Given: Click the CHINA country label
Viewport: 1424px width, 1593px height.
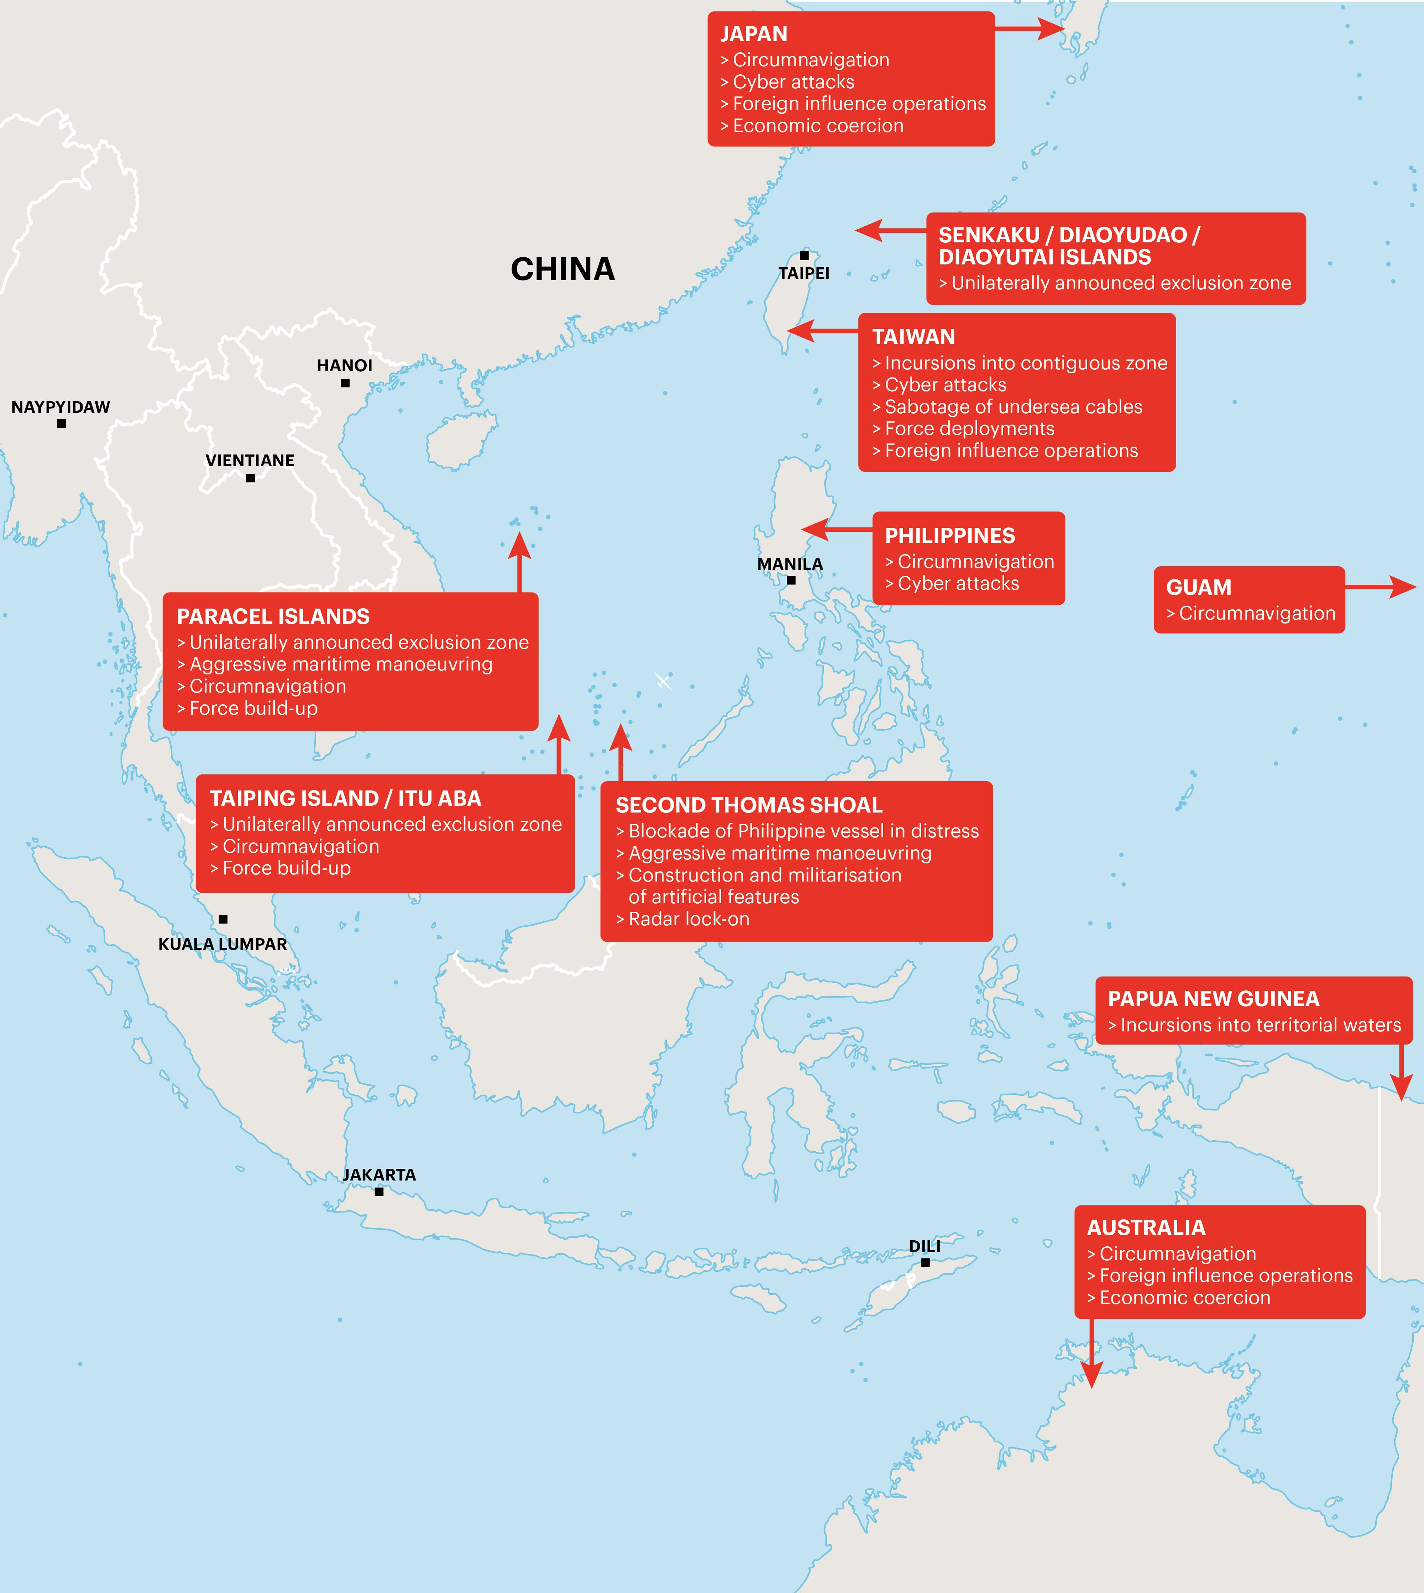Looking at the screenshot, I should click(x=562, y=269).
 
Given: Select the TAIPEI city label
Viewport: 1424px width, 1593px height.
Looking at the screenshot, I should click(x=803, y=273).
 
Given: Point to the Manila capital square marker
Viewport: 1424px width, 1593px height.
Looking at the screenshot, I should click(x=791, y=580).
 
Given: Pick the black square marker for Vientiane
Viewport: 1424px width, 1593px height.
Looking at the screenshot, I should click(x=250, y=478).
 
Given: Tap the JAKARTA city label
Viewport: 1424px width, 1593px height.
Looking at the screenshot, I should click(x=379, y=1174).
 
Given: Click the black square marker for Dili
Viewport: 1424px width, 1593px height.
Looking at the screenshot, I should click(x=926, y=1262).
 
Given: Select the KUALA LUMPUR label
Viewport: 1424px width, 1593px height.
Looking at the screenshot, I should click(x=223, y=944).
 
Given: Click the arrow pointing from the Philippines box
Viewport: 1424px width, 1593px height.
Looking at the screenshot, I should click(x=818, y=530).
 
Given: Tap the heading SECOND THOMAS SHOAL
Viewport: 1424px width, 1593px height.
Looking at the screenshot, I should click(x=749, y=805).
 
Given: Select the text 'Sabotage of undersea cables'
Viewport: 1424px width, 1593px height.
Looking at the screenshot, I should click(x=1013, y=407).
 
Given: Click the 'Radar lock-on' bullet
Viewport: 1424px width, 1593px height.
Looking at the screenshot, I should click(x=689, y=919).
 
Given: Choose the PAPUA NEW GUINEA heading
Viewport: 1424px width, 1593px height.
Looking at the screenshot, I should click(x=1214, y=999).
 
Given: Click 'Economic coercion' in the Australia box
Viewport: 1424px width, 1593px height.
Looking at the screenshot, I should click(x=1184, y=1297).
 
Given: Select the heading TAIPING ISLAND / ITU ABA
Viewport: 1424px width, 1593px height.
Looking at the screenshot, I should click(x=346, y=798).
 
